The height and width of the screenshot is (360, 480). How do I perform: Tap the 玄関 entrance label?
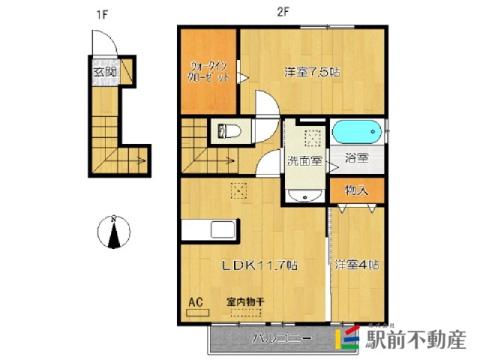pyautogui.click(x=104, y=73)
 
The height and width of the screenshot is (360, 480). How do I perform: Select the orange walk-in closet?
pyautogui.click(x=208, y=72)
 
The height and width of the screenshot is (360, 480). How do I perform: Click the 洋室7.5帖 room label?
pyautogui.click(x=312, y=73)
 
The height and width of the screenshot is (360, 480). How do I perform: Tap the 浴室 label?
pyautogui.click(x=356, y=159)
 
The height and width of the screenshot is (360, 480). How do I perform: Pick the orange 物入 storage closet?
pyautogui.click(x=357, y=190)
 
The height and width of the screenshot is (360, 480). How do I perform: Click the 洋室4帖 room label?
pyautogui.click(x=357, y=265)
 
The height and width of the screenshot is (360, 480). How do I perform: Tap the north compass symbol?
pyautogui.click(x=113, y=232)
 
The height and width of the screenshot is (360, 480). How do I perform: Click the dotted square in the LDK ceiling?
pyautogui.click(x=240, y=190)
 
